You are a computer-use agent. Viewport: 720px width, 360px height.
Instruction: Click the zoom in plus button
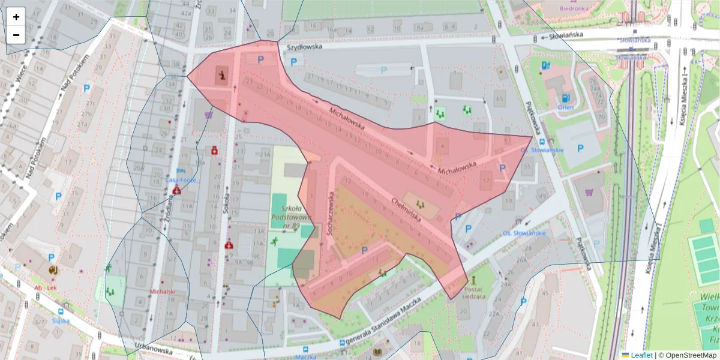(x=16, y=17)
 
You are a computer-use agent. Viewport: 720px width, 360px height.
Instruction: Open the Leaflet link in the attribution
(x=641, y=355)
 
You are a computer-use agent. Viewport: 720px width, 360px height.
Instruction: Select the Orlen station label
(x=565, y=107)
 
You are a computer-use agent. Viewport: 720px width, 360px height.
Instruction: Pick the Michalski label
(x=163, y=292)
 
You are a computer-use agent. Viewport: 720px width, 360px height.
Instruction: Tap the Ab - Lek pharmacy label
(x=46, y=287)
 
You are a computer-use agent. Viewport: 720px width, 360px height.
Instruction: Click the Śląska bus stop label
(x=61, y=320)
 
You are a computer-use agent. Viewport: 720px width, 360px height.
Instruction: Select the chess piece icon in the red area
(x=223, y=76)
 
